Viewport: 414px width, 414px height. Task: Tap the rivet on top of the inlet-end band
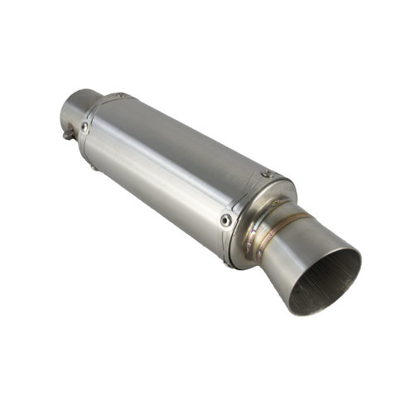pos(121,96)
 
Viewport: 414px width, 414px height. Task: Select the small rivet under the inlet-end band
pos(94,168)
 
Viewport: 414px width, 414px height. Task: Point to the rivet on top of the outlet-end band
pos(266,174)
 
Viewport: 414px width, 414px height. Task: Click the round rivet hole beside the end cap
pos(225,219)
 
